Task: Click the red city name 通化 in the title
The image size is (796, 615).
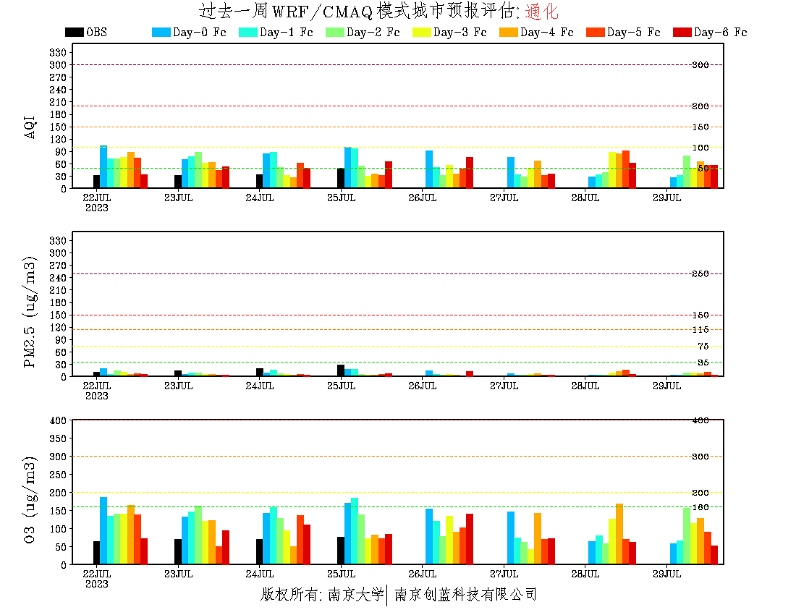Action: [x=541, y=12]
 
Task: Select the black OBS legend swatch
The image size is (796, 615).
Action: [x=74, y=32]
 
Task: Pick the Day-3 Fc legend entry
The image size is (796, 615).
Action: [x=460, y=32]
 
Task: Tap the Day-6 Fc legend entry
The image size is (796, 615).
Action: [x=720, y=32]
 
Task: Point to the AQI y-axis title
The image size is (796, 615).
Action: [x=30, y=119]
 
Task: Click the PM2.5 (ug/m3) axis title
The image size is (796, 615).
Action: [x=30, y=311]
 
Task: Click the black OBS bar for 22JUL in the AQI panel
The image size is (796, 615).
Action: [x=96, y=182]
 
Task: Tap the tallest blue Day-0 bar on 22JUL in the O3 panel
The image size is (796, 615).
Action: [x=103, y=530]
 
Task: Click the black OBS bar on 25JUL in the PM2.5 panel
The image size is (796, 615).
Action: [x=341, y=370]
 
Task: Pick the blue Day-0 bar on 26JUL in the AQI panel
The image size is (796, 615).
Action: [x=429, y=169]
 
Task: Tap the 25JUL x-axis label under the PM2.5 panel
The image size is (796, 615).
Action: [x=341, y=386]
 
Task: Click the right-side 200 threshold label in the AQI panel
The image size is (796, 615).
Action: [x=700, y=106]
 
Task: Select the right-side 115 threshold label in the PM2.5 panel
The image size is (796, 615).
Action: [x=700, y=330]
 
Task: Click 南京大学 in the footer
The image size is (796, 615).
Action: [x=355, y=595]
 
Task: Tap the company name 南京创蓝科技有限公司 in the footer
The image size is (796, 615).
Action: [x=465, y=595]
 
